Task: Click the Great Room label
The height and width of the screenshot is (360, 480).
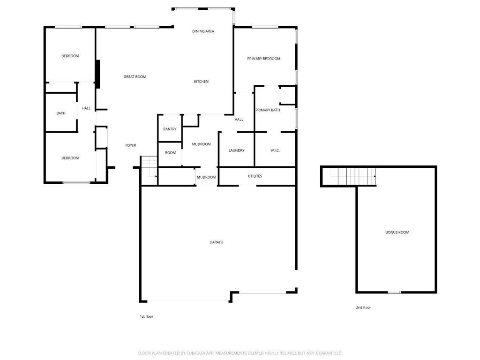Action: [x=135, y=77]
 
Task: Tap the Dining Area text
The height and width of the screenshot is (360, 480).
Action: [x=203, y=31]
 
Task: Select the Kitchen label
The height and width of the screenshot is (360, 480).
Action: [x=201, y=82]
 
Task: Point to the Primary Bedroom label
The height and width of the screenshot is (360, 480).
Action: [x=263, y=59]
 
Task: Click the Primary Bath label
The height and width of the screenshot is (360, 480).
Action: [x=268, y=110]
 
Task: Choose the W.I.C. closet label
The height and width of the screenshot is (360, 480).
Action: [x=275, y=150]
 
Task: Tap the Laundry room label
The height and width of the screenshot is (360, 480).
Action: [x=236, y=150]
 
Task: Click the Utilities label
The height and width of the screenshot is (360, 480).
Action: [x=255, y=176]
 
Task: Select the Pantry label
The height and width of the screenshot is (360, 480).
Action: [x=170, y=129]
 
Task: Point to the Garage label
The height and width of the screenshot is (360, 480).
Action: [x=217, y=242]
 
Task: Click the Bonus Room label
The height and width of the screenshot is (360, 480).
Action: [x=397, y=232]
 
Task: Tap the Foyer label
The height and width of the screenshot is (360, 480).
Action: [x=131, y=145]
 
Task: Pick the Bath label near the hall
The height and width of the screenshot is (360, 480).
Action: [x=61, y=113]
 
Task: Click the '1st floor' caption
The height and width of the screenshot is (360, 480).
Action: [x=146, y=316]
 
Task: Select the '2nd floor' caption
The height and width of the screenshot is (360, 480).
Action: [x=363, y=307]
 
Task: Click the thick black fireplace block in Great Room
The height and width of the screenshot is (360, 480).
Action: [x=97, y=74]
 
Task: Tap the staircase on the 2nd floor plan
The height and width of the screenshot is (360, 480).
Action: [x=352, y=176]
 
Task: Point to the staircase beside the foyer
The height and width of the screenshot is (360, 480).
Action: [x=149, y=171]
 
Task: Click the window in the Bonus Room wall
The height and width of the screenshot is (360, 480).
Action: [x=394, y=292]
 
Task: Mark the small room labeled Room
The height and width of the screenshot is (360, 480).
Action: [x=170, y=154]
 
